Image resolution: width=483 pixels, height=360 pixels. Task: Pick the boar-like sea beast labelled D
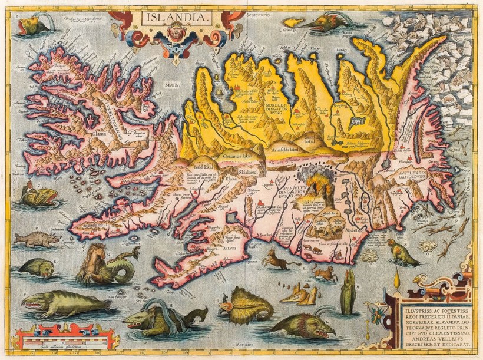(x=37, y=239)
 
